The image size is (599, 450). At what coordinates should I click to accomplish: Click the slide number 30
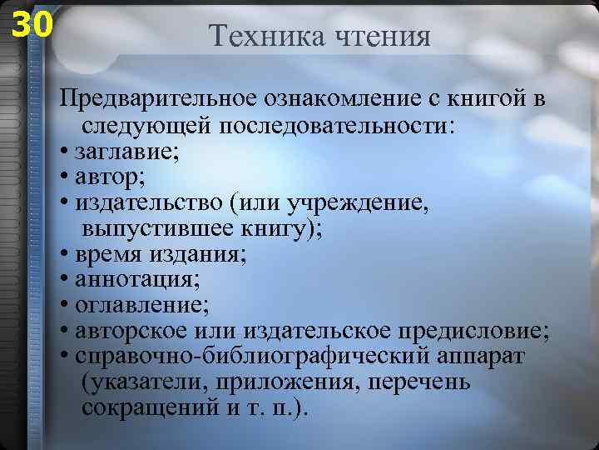pyautogui.click(x=31, y=25)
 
